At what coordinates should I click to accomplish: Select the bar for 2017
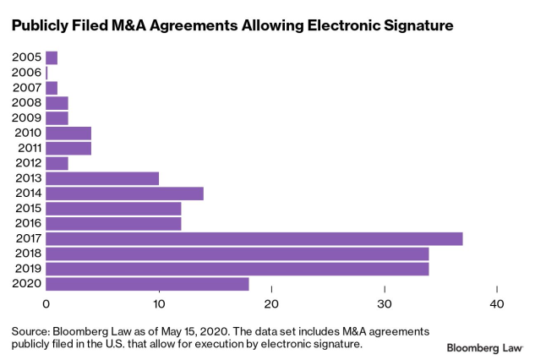[254, 238]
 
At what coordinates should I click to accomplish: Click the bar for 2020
[147, 284]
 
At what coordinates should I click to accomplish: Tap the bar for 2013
[101, 178]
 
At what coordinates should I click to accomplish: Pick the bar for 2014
[124, 194]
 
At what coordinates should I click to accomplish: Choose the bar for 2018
[237, 254]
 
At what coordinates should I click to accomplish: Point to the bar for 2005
[52, 57]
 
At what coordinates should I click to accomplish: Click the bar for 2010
[68, 133]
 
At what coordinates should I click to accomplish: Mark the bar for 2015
[113, 208]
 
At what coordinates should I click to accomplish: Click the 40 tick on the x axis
[497, 304]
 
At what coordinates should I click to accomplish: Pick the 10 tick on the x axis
[159, 304]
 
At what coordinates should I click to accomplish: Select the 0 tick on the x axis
[46, 304]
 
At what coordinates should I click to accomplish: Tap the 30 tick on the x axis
[385, 304]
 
